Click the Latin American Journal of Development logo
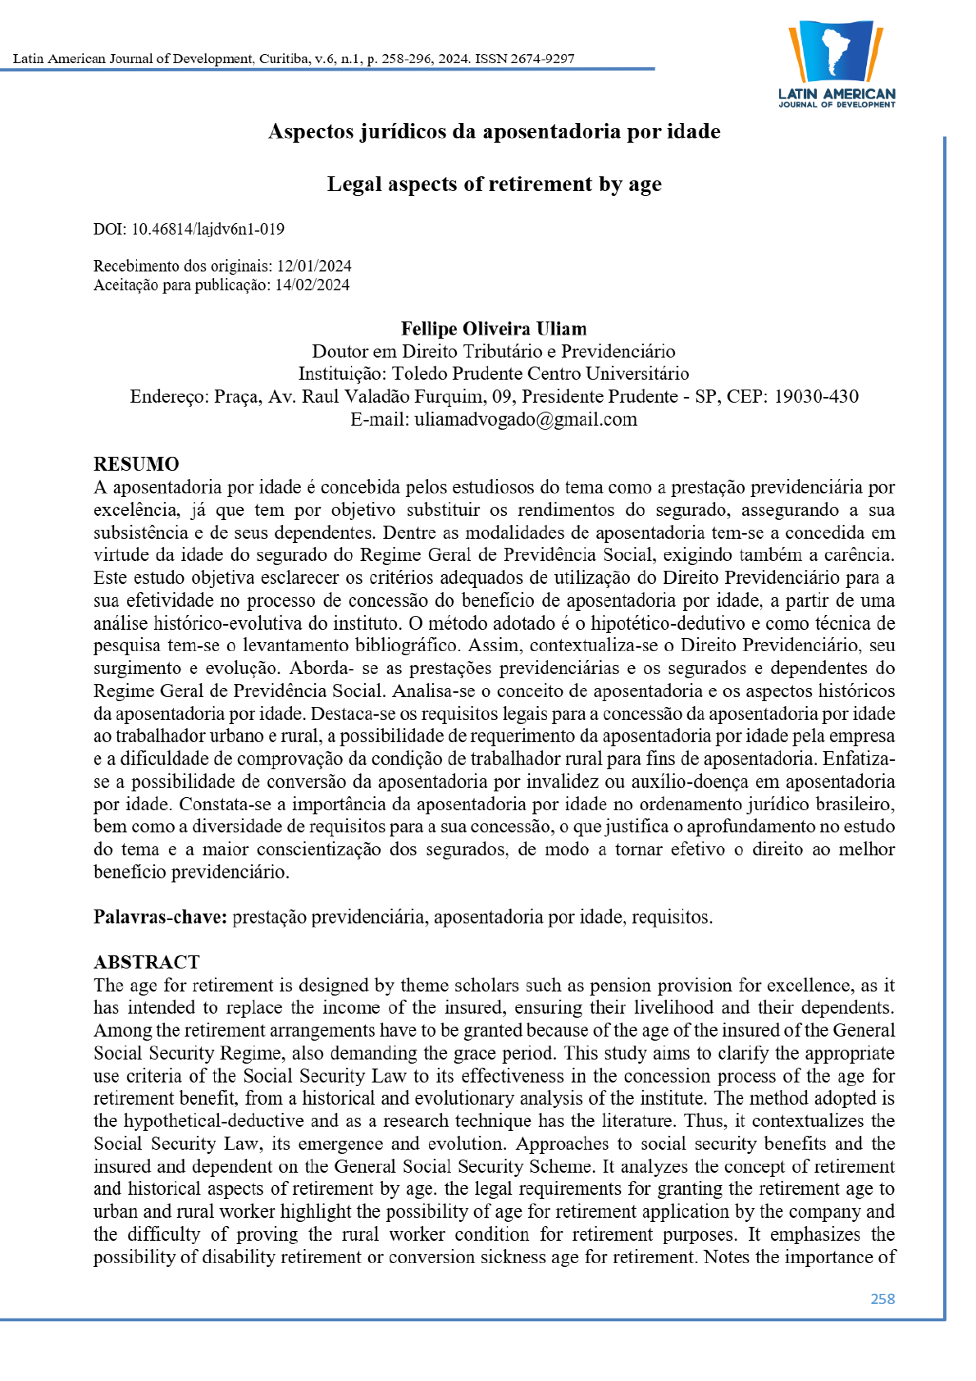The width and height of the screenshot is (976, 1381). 837,64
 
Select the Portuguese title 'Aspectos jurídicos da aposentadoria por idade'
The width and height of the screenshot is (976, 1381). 494,132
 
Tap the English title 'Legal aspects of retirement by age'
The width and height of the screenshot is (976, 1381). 494,185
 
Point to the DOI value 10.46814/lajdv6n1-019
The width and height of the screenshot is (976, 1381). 208,230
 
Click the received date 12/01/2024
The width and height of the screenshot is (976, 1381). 314,267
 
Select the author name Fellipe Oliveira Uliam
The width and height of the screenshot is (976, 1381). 494,329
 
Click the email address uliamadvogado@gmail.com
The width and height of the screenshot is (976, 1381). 526,420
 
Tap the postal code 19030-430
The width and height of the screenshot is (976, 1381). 816,397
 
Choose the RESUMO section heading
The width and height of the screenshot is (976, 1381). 136,464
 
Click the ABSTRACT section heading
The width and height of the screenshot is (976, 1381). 147,962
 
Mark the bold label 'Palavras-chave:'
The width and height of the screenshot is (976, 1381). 160,917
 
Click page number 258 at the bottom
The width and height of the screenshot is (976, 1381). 883,1299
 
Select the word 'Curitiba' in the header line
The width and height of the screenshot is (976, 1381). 284,59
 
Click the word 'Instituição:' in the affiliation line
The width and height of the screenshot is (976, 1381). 342,374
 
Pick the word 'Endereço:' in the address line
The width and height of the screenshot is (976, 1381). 169,397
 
